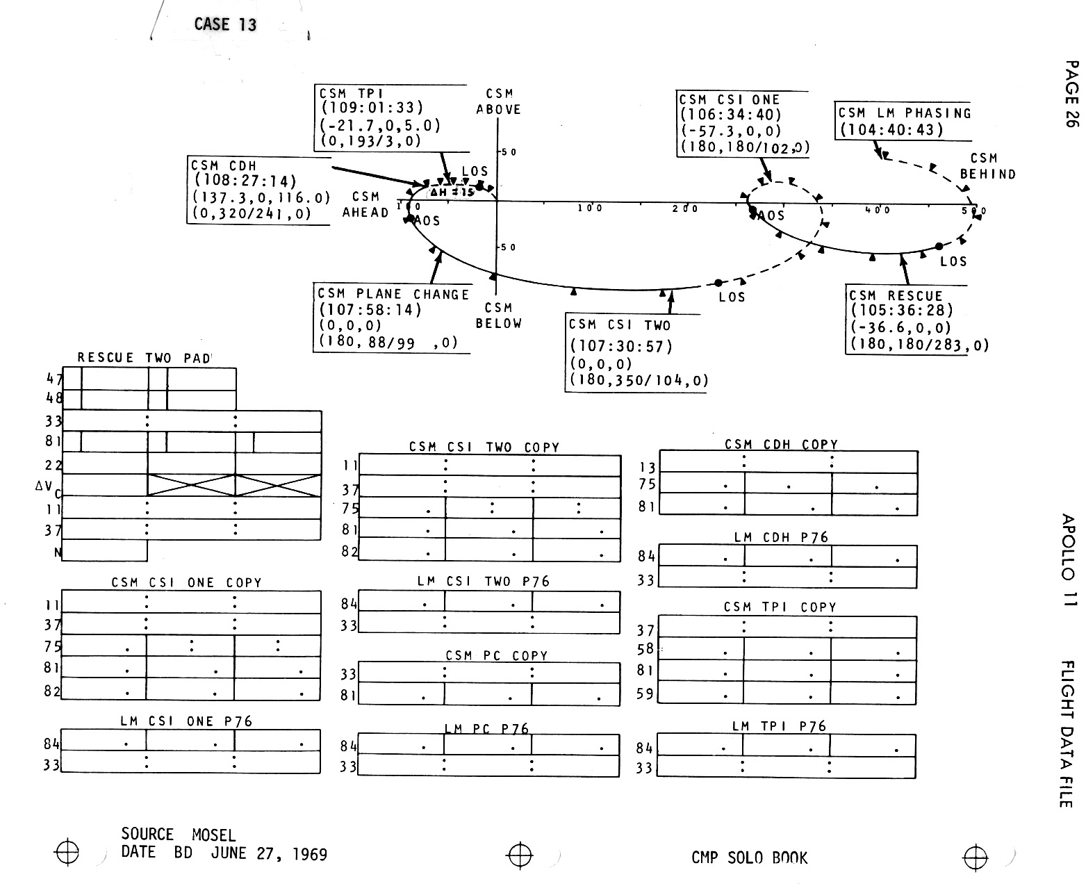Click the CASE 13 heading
point(225,24)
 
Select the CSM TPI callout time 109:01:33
point(372,108)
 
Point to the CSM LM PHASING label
point(904,113)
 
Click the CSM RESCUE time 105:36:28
point(901,311)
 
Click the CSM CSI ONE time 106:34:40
point(731,115)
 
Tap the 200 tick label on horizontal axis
point(684,209)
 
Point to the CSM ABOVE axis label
point(499,101)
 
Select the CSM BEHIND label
point(987,167)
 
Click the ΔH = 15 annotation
point(452,192)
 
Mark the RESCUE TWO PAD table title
point(144,359)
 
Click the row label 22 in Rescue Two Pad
point(54,465)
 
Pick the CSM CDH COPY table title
point(781,445)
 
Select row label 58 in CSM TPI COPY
point(645,649)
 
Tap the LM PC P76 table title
point(486,729)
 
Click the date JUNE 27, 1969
point(269,854)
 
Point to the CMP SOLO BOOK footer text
point(749,858)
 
